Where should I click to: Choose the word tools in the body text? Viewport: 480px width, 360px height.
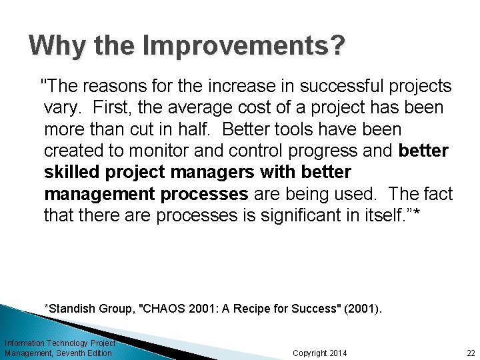269,129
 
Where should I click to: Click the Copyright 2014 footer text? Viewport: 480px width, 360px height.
320,353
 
